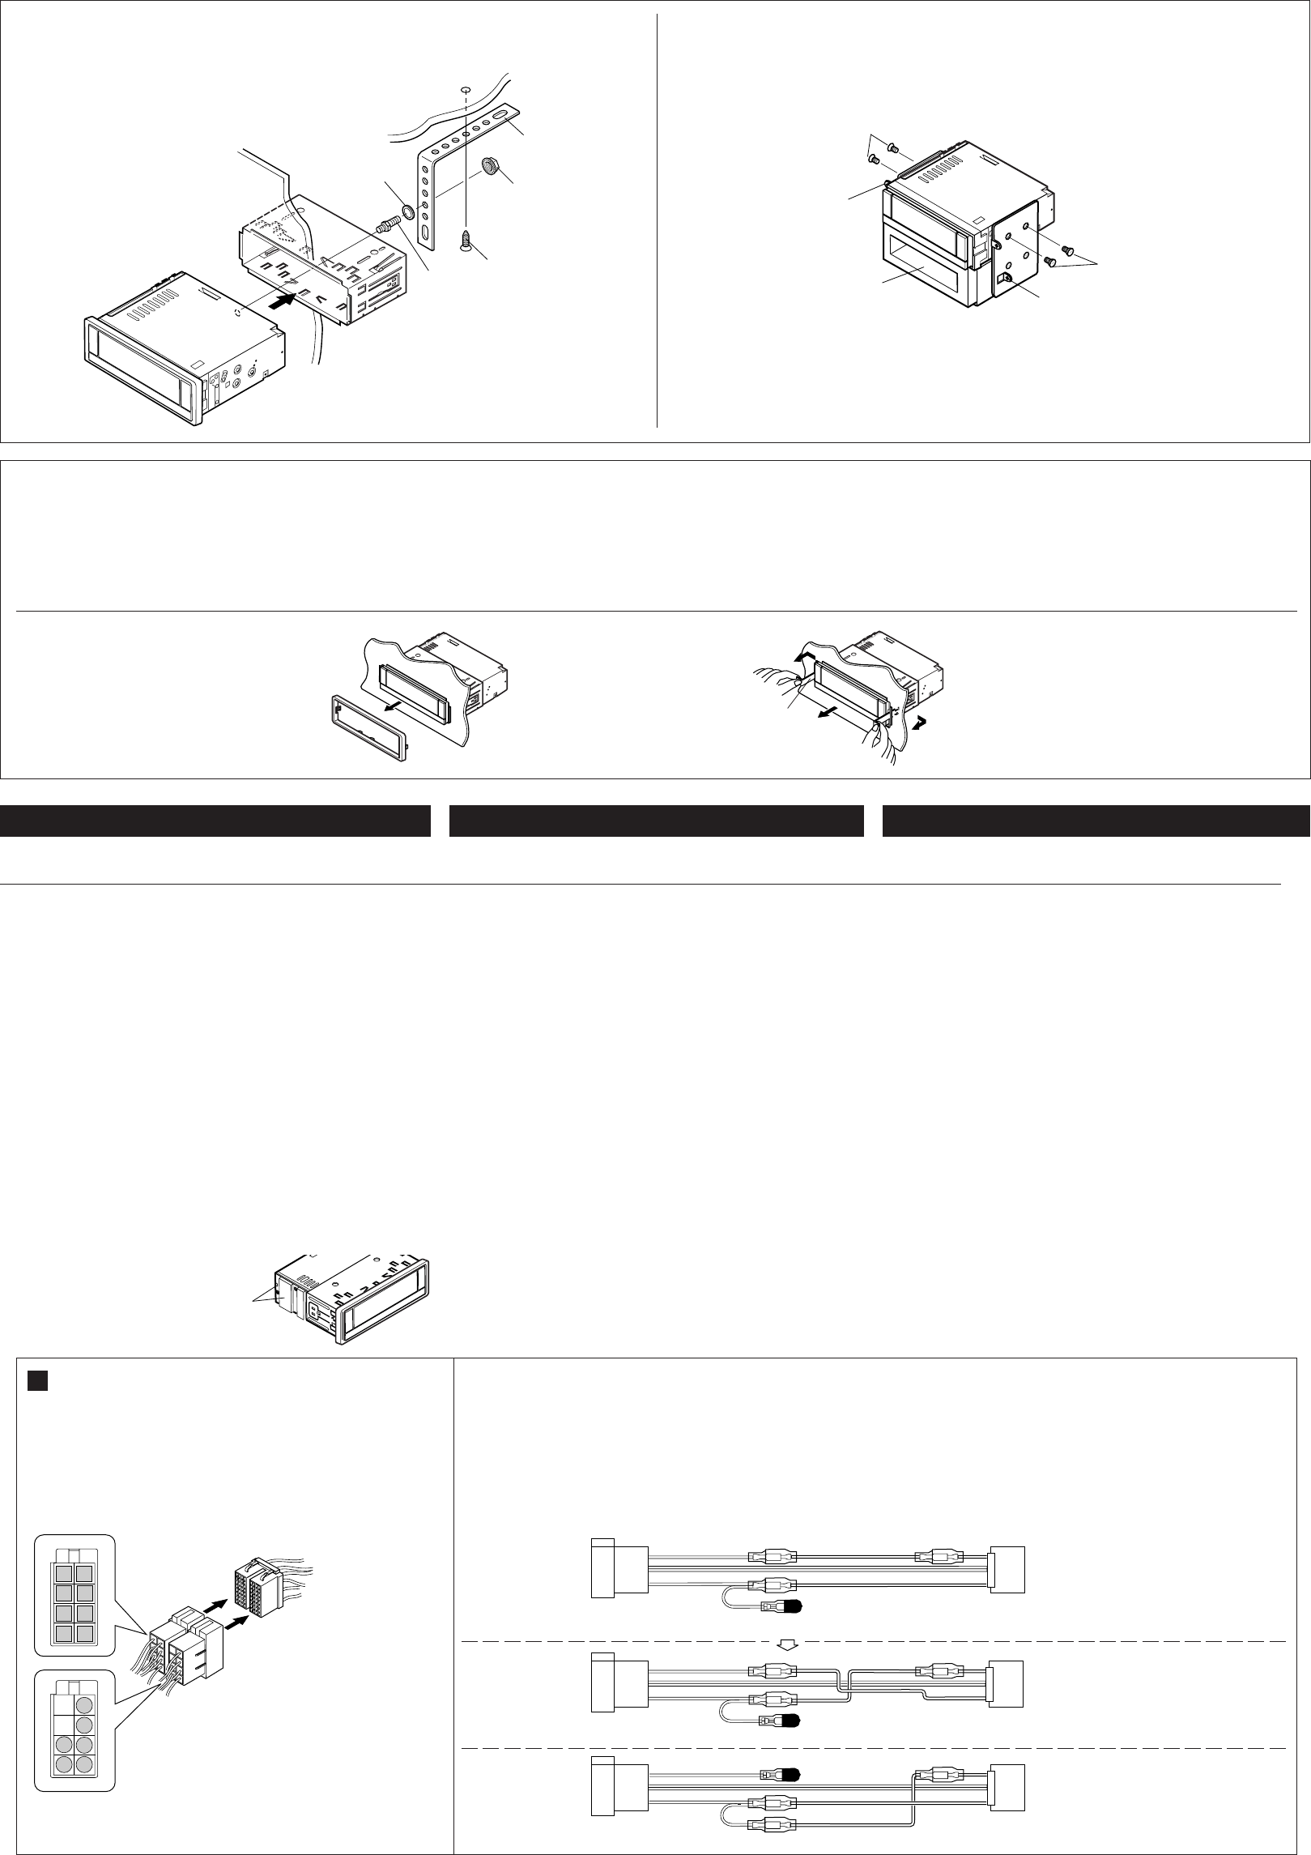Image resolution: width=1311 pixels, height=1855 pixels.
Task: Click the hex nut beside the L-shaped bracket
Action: click(x=490, y=167)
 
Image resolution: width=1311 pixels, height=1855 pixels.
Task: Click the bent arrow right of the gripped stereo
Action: click(x=922, y=720)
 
